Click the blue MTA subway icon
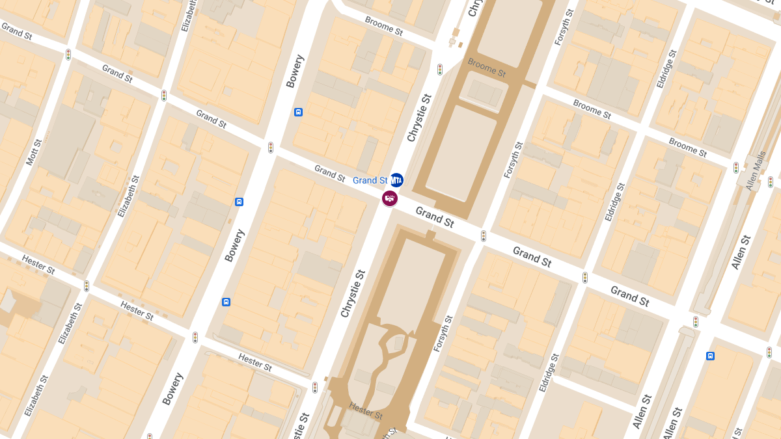[396, 180]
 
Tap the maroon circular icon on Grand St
[390, 198]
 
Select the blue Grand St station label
[370, 180]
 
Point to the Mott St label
[34, 152]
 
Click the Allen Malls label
[756, 170]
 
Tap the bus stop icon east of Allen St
[710, 356]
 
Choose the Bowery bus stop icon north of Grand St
[298, 112]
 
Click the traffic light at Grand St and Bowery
[270, 148]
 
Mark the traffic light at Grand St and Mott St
[68, 55]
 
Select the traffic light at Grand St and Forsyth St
[483, 235]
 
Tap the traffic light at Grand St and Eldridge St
[584, 277]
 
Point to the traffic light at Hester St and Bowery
[195, 338]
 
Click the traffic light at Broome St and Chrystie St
[440, 69]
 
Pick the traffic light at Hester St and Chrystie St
[315, 387]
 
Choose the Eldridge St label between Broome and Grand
[614, 202]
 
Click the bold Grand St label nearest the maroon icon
[435, 217]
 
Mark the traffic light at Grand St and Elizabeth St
[164, 96]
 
